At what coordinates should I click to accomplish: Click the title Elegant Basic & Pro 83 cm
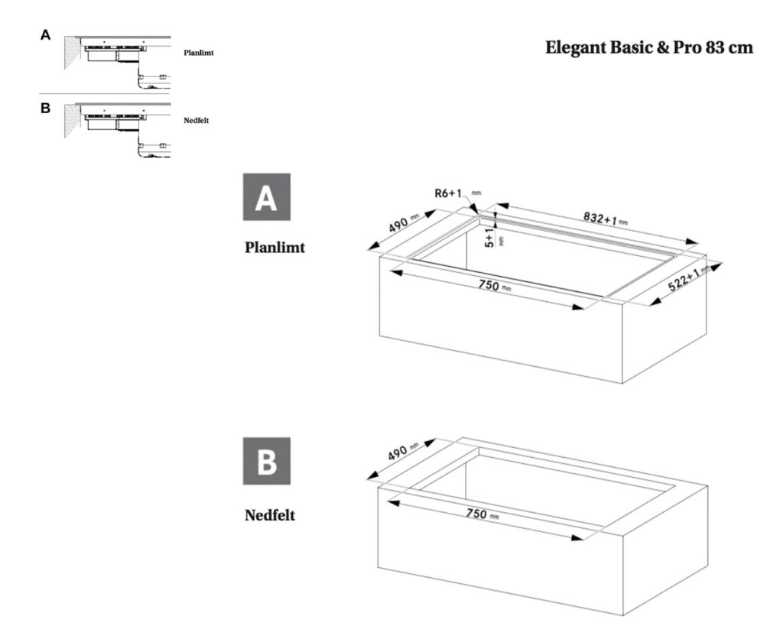pyautogui.click(x=649, y=47)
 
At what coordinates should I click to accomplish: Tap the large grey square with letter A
pyautogui.click(x=266, y=197)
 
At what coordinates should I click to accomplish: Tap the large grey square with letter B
pyautogui.click(x=266, y=461)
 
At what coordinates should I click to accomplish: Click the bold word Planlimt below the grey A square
pyautogui.click(x=275, y=248)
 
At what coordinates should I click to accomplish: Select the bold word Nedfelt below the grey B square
pyautogui.click(x=270, y=515)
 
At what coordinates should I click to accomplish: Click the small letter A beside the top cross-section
pyautogui.click(x=46, y=35)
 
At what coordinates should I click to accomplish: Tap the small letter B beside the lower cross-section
pyautogui.click(x=46, y=108)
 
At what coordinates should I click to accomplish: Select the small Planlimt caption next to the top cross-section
pyautogui.click(x=199, y=54)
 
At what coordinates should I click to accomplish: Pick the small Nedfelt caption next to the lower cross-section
pyautogui.click(x=197, y=120)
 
